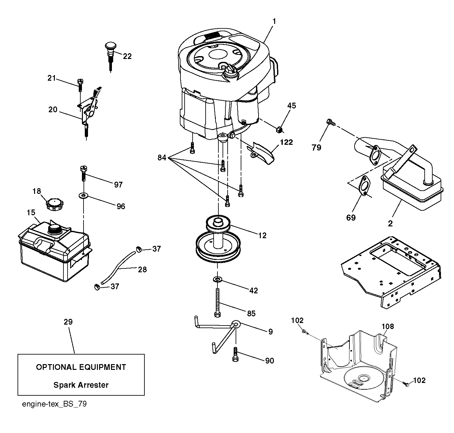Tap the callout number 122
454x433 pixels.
[x=286, y=142]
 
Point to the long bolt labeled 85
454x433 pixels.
[x=217, y=303]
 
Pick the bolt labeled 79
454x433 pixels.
[x=331, y=122]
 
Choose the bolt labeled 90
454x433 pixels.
[x=235, y=354]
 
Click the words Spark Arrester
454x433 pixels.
[x=81, y=385]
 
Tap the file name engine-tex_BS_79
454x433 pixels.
[x=54, y=404]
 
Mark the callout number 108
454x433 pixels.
[x=387, y=326]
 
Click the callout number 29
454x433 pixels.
[x=68, y=322]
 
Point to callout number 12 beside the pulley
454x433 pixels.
[x=262, y=235]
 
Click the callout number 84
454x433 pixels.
[x=162, y=158]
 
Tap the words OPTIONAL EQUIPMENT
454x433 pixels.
[x=81, y=367]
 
